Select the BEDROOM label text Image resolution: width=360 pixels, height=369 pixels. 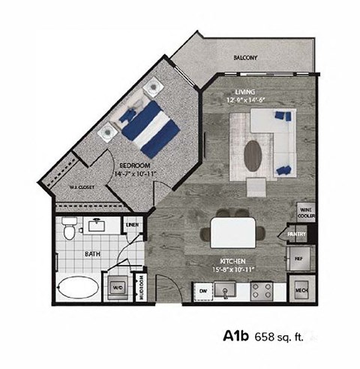[x=135, y=163]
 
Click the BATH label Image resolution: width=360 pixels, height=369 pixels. [x=91, y=254]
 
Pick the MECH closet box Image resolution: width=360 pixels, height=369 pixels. [x=301, y=290]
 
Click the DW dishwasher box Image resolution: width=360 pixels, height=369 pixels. [x=202, y=289]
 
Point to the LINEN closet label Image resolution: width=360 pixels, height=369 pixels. [x=133, y=224]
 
